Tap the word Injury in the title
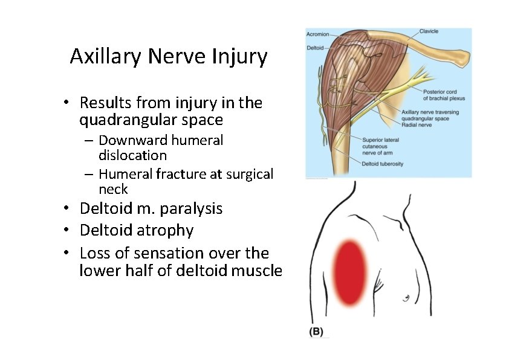coord(239,57)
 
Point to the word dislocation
coord(132,155)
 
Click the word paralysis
coord(191,209)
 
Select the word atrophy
coord(165,231)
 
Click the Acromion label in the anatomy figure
coord(318,34)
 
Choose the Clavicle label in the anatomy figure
coord(429,31)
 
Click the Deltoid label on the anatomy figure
coord(315,47)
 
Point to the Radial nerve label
coord(415,124)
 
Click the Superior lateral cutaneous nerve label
coord(380,146)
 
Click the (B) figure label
coord(316,332)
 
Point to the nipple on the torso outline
coord(406,297)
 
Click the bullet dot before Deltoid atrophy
coord(71,231)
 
